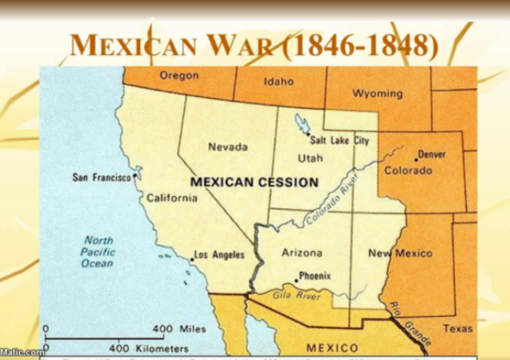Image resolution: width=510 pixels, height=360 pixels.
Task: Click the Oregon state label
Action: (x=179, y=76)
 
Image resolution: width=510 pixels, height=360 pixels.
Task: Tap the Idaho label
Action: (x=279, y=81)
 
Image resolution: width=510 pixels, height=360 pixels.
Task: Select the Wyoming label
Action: (x=377, y=93)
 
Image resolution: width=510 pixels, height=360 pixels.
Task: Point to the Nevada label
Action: (x=228, y=147)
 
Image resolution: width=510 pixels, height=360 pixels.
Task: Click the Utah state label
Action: (x=310, y=158)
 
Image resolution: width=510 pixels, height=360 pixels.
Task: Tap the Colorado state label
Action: (x=408, y=170)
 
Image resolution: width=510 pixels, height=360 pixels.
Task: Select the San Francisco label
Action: (x=101, y=177)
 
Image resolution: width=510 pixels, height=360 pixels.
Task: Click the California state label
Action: (x=171, y=198)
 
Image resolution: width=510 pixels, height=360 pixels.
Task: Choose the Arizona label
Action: (x=302, y=252)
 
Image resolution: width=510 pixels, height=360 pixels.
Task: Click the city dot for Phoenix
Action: (x=296, y=280)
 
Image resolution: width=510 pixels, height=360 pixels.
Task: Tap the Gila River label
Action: (x=297, y=296)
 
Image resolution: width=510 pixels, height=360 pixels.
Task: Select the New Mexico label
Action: (x=400, y=253)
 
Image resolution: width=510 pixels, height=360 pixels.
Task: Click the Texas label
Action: (x=458, y=328)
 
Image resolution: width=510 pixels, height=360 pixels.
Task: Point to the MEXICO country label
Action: (x=332, y=348)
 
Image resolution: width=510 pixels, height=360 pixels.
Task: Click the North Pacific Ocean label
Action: (x=99, y=252)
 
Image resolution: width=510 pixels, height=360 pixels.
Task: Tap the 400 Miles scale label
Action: (x=173, y=329)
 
